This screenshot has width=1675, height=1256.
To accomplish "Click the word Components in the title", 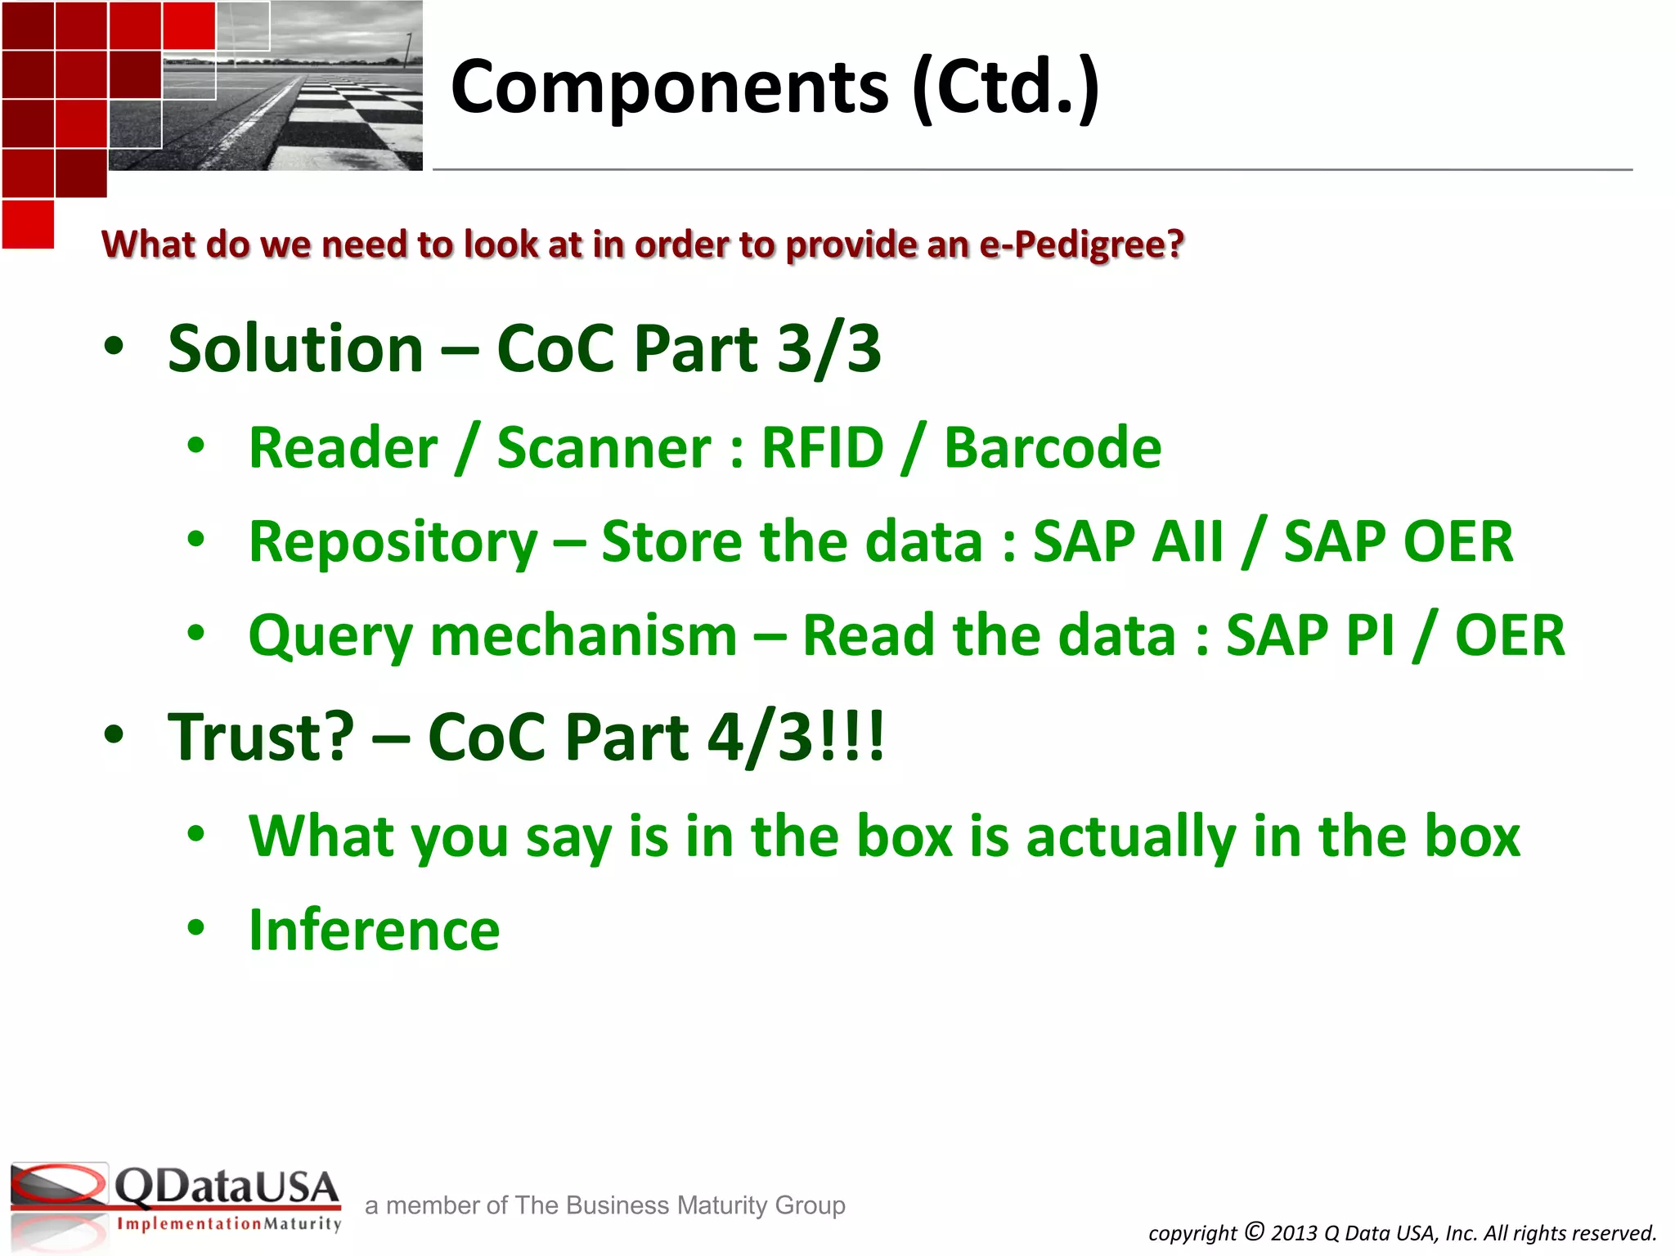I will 669,88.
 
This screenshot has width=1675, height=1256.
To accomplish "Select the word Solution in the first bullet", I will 295,348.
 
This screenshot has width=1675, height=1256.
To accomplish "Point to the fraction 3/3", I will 829,348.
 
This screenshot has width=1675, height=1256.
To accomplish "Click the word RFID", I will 822,448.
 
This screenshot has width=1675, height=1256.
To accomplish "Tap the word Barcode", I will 1053,448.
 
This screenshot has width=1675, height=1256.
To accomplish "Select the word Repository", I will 393,543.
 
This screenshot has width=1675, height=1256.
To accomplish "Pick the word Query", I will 330,637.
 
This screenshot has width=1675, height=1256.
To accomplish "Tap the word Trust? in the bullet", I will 261,737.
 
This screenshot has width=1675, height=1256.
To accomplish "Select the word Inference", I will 374,931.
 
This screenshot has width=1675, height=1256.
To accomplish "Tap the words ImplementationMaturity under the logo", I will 229,1224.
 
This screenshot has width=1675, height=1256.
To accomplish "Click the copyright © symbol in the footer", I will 1255,1231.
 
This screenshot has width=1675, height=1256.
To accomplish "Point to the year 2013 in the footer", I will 1294,1233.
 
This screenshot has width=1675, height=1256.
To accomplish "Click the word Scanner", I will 604,448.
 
